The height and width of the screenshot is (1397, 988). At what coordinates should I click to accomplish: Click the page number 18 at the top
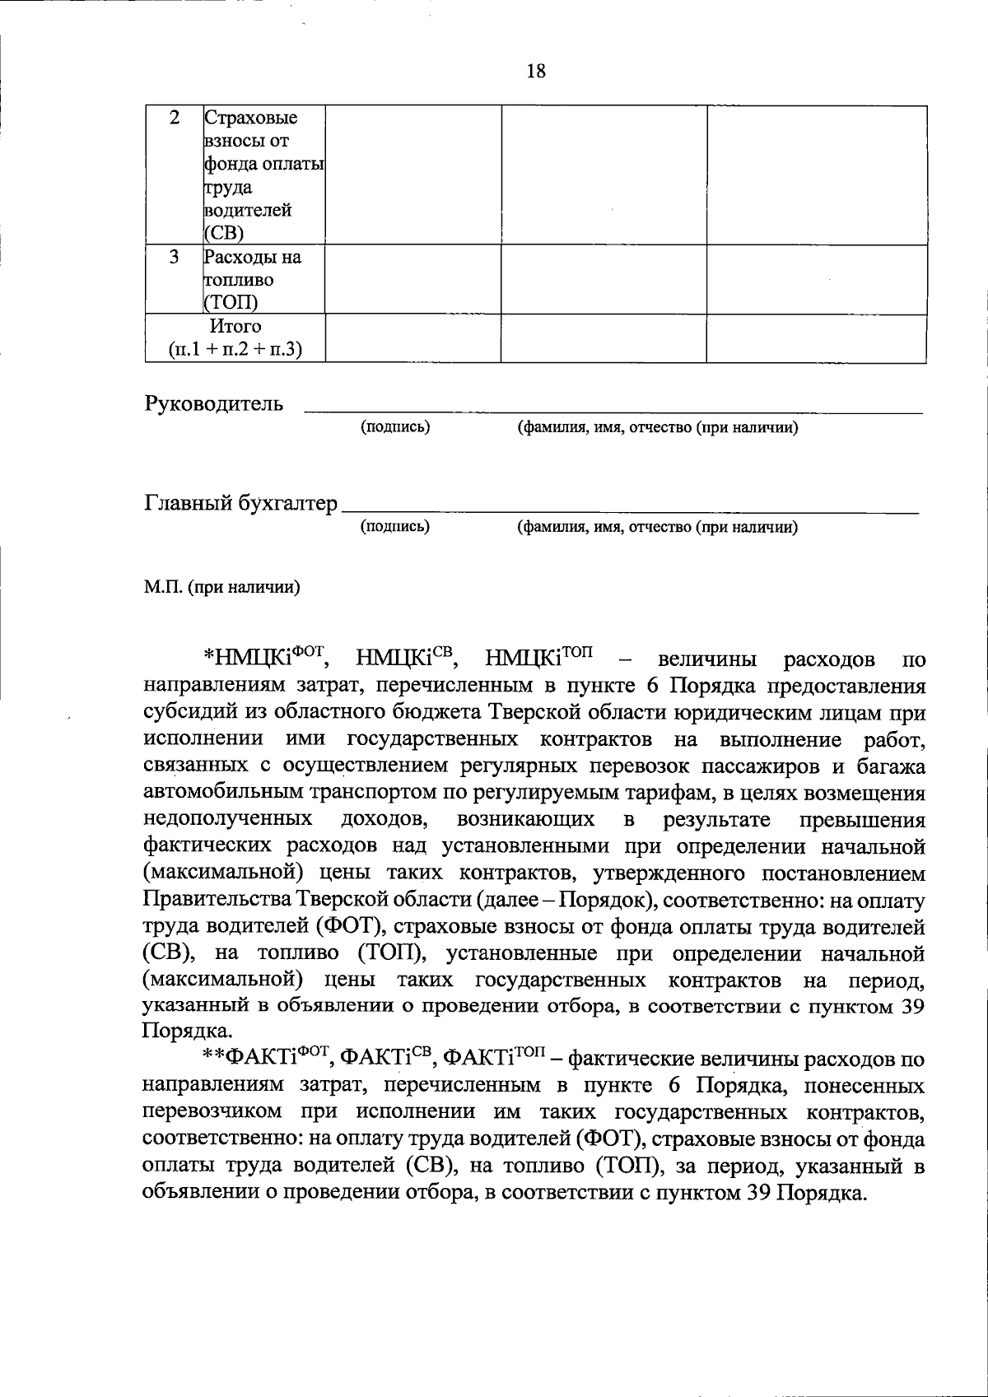point(535,72)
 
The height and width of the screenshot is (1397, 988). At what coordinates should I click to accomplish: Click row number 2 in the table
point(175,118)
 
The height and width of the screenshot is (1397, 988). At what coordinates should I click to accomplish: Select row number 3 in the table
point(175,257)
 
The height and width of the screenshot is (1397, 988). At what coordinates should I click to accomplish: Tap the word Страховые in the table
point(251,118)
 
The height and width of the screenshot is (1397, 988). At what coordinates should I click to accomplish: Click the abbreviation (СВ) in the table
point(219,233)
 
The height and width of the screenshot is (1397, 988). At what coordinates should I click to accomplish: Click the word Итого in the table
point(235,327)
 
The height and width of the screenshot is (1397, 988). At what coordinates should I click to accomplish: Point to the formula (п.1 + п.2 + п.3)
point(235,350)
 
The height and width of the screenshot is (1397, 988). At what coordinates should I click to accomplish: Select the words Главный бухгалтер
point(241,503)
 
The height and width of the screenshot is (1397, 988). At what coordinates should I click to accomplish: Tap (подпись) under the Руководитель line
point(395,427)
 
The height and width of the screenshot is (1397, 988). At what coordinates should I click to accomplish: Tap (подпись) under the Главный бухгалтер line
point(395,526)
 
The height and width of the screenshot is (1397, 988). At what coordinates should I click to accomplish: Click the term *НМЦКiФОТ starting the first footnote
point(266,659)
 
